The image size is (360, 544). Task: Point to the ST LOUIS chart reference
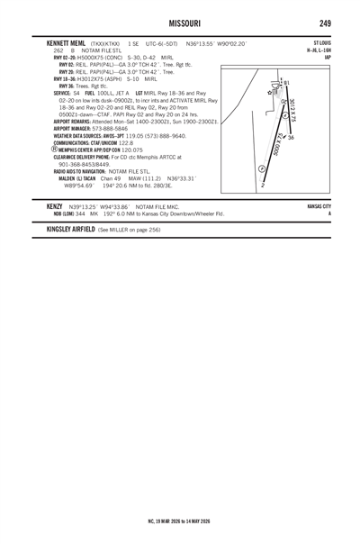coord(321,42)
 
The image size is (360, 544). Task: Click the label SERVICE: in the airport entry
coord(62,92)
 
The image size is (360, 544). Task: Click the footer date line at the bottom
coord(179,520)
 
